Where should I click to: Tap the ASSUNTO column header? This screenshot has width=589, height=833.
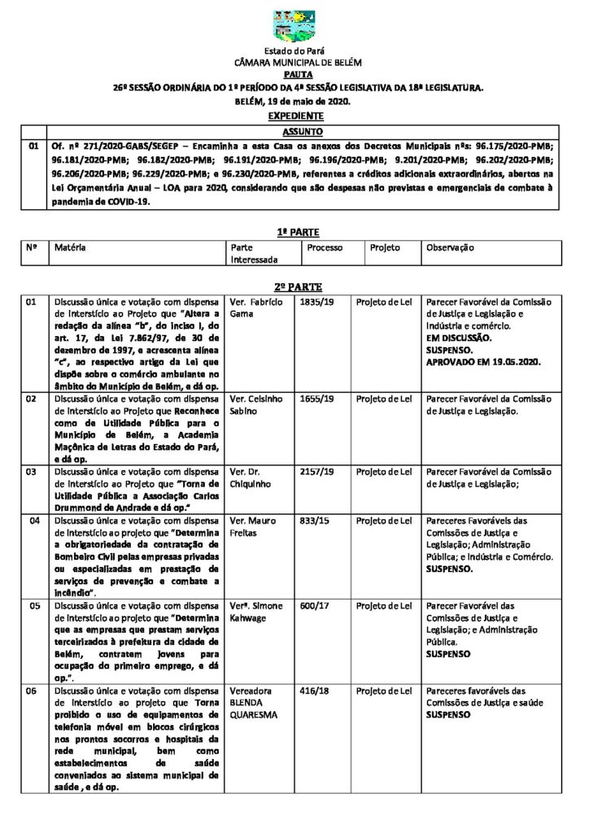(x=303, y=131)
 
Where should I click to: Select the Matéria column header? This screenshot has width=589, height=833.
(x=70, y=247)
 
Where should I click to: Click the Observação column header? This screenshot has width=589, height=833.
(x=450, y=247)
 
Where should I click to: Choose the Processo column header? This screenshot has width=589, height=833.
(x=325, y=247)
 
